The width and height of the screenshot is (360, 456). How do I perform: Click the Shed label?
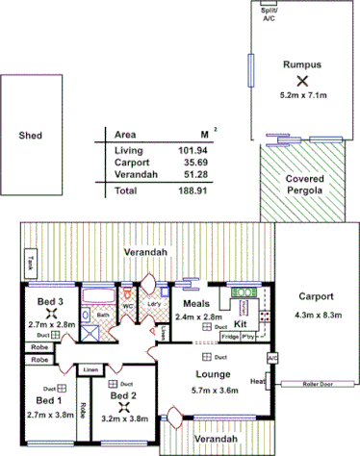coord(31,136)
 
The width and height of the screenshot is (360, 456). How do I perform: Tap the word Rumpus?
coord(300,64)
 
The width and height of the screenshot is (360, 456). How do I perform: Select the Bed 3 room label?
coord(50,301)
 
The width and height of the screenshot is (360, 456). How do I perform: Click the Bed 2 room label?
coord(123,395)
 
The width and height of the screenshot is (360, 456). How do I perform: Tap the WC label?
coord(127,308)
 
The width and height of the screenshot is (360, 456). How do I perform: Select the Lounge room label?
coord(210,372)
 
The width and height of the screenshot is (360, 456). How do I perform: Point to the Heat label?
coord(257,381)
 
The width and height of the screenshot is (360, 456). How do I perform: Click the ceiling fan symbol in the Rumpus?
coord(301,81)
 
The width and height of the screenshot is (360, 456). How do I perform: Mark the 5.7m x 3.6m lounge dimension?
coord(211,391)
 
